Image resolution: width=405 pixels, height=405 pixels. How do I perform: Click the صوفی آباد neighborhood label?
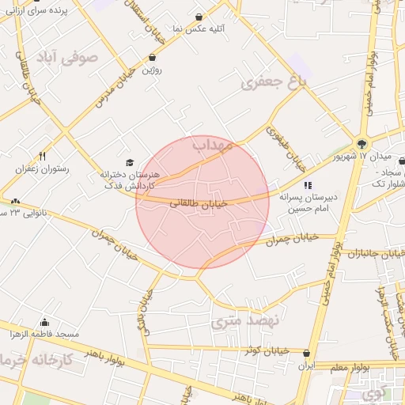tap(66, 58)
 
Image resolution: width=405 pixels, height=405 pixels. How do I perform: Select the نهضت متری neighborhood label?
tap(246, 321)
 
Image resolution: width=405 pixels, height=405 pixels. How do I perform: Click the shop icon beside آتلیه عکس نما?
tap(199, 17)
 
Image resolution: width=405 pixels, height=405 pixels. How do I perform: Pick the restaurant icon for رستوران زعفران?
tap(43, 156)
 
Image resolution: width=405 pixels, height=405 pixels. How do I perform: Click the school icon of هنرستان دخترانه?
tap(131, 162)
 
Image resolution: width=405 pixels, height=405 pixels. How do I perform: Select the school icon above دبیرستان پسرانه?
tap(308, 185)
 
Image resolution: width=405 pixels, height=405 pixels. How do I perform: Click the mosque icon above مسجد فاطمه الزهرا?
tap(44, 323)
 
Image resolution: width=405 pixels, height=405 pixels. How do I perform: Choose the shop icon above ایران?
tap(306, 354)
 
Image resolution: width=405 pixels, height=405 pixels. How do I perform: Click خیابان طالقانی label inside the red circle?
tap(198, 203)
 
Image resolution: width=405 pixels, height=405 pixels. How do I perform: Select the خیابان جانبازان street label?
tap(365, 254)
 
